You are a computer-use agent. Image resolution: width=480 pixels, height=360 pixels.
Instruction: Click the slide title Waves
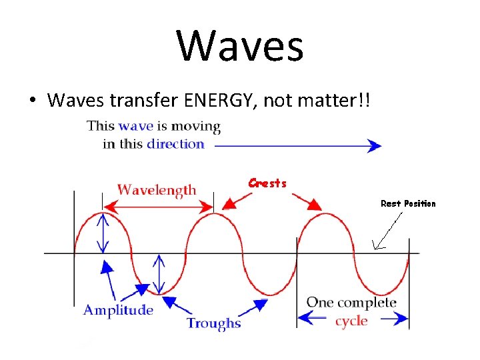[x=240, y=46]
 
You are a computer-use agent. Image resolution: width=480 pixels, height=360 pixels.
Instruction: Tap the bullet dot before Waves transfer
[x=31, y=101]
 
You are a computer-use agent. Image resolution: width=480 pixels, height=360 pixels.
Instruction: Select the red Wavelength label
[x=157, y=189]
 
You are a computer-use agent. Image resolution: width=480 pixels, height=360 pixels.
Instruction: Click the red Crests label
[x=267, y=183]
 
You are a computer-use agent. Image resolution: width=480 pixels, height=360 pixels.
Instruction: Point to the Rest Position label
[x=407, y=203]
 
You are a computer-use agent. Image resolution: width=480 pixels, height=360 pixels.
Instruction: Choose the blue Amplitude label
[x=118, y=310]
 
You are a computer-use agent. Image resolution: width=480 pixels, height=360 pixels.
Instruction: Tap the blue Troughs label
[x=213, y=323]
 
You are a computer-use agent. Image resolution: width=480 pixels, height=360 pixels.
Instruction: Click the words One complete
[x=351, y=303]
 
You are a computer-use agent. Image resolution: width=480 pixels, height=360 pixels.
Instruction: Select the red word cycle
[x=351, y=321]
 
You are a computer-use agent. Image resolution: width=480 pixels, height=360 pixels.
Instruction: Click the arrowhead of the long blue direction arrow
[x=375, y=145]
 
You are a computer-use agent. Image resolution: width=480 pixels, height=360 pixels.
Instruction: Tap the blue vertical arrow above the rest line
[x=103, y=233]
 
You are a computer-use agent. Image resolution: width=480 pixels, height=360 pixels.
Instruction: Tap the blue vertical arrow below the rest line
[x=159, y=273]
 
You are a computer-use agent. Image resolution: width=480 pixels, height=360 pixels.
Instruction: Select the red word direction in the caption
[x=175, y=143]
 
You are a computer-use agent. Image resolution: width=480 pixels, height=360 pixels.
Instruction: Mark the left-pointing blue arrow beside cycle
[x=313, y=321]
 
